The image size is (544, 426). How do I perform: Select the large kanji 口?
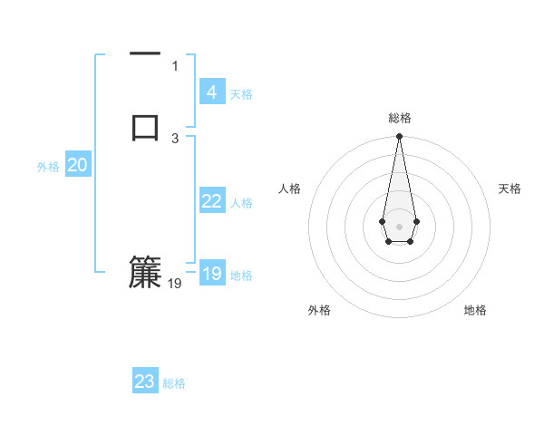[145, 127]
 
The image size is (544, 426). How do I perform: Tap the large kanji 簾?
[145, 273]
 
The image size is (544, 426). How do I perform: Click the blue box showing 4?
[211, 92]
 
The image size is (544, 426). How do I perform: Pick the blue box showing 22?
[211, 201]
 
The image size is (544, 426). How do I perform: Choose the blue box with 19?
[211, 274]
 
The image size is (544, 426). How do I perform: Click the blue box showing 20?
[77, 165]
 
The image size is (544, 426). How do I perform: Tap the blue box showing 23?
[145, 382]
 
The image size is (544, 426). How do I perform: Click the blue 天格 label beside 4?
[241, 94]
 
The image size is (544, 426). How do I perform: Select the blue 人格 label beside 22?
[241, 203]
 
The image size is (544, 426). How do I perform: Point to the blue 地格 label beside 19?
[241, 276]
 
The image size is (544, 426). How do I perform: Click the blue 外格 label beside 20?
[48, 167]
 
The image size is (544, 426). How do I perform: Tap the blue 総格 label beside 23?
[174, 383]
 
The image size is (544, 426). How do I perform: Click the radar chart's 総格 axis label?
[399, 118]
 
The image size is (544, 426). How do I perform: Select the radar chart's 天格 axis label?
[510, 189]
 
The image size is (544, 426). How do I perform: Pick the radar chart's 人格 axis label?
[289, 189]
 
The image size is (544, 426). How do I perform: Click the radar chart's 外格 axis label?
[319, 310]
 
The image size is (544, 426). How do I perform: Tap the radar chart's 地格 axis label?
[475, 310]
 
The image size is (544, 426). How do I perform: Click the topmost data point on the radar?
[399, 137]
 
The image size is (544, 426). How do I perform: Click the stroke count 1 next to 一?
[175, 65]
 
